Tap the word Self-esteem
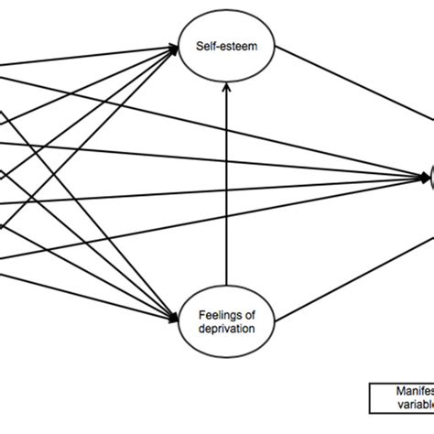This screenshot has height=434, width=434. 220,43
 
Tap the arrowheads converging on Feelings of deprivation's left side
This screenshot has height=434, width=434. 175,318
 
